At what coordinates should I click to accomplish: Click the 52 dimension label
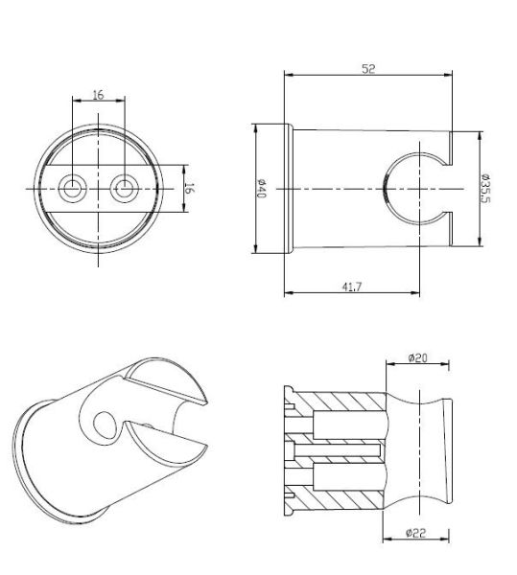point(368,69)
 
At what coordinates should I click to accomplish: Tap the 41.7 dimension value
point(352,287)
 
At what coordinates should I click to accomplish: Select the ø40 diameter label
point(261,189)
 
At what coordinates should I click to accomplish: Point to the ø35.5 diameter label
point(485,188)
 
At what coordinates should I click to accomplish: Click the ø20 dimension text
point(417,357)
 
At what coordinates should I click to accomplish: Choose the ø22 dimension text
point(416,533)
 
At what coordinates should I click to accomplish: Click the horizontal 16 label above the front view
point(99,95)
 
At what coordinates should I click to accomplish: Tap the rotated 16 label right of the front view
point(190,188)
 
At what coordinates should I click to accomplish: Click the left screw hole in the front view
point(73,189)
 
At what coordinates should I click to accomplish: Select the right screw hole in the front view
point(125,189)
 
